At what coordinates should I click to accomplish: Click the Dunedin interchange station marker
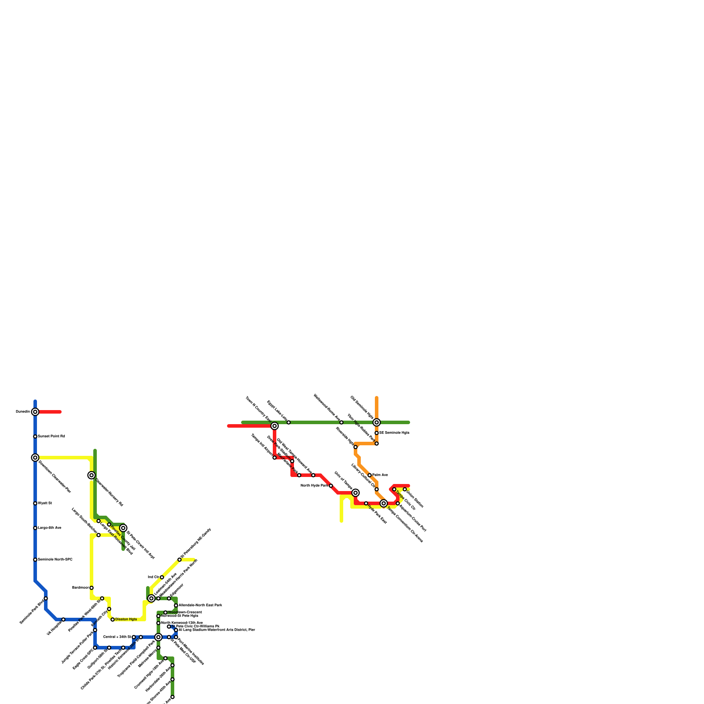coord(35,412)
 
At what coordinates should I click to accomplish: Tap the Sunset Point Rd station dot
coord(35,436)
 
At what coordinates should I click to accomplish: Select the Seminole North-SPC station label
coord(55,560)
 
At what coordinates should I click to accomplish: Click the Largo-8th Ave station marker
coord(35,528)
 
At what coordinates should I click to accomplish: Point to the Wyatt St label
coord(45,503)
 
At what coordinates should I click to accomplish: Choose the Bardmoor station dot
coord(92,588)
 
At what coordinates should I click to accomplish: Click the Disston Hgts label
coord(126,620)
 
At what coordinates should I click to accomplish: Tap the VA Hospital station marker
coord(63,620)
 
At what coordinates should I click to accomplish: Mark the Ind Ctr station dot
coord(162,577)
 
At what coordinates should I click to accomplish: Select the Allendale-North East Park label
coord(200,605)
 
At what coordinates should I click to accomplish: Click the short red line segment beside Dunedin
coord(50,412)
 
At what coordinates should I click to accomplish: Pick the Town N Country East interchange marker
coord(275,426)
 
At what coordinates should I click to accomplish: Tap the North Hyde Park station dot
coord(331,486)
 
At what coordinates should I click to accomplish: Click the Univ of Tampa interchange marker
coord(356,493)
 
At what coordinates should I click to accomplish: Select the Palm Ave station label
coord(380,475)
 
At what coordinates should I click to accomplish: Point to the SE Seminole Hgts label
coord(394,433)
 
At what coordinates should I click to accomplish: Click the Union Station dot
coord(405,490)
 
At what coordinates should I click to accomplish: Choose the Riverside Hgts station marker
coord(356,447)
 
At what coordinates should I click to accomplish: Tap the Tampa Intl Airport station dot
coord(275,458)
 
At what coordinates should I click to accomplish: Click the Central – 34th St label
coord(117,637)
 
